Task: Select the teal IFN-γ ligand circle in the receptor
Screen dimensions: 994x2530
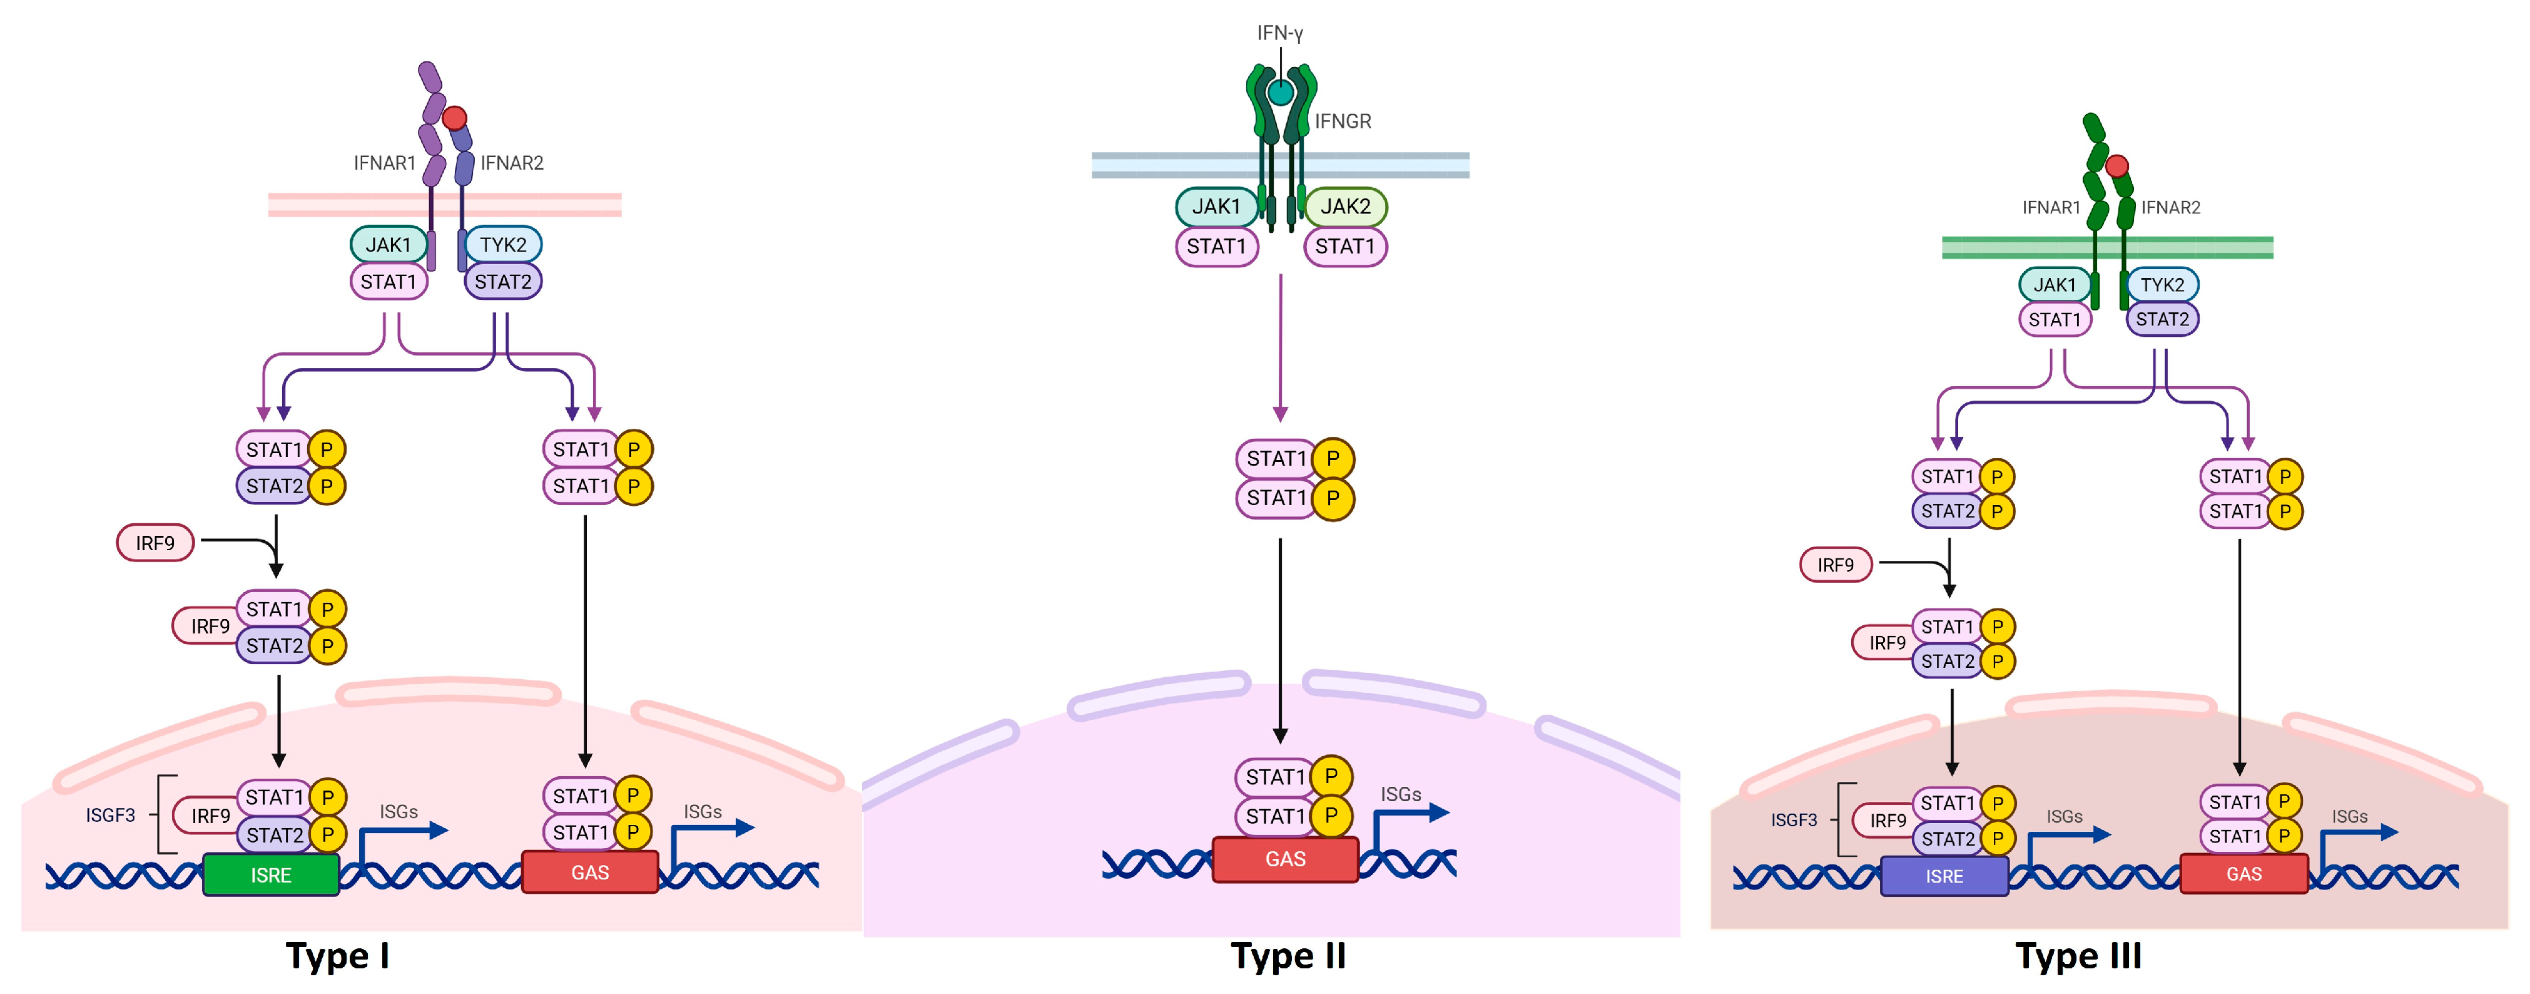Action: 1280,93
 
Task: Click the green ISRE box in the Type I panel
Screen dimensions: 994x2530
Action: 270,874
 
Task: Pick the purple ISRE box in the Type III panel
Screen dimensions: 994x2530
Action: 1944,876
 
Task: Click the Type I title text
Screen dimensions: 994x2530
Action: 337,955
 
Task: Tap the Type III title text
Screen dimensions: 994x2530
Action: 2078,955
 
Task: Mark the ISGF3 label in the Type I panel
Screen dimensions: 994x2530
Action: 110,814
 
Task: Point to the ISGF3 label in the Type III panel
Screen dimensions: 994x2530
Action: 1794,819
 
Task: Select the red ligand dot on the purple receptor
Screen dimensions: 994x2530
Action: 454,118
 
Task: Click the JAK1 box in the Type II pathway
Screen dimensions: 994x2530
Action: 1216,207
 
